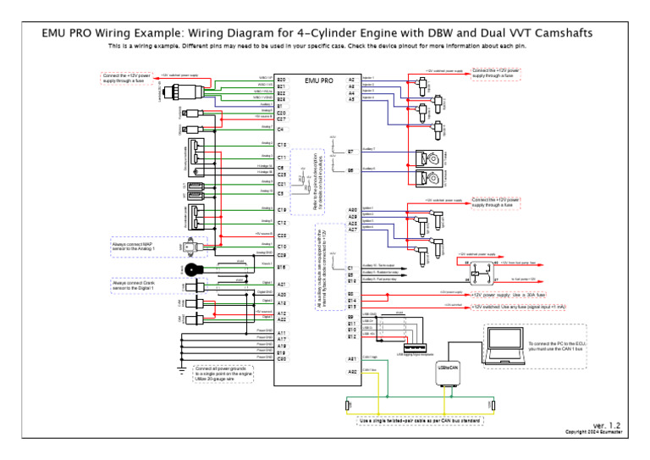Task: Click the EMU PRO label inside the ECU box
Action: point(319,80)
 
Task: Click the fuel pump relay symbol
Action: point(482,269)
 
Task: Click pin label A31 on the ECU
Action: point(351,359)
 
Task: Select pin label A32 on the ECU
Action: point(351,372)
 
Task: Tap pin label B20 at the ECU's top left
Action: point(281,79)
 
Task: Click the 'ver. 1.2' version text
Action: point(606,424)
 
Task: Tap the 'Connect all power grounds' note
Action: point(224,374)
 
